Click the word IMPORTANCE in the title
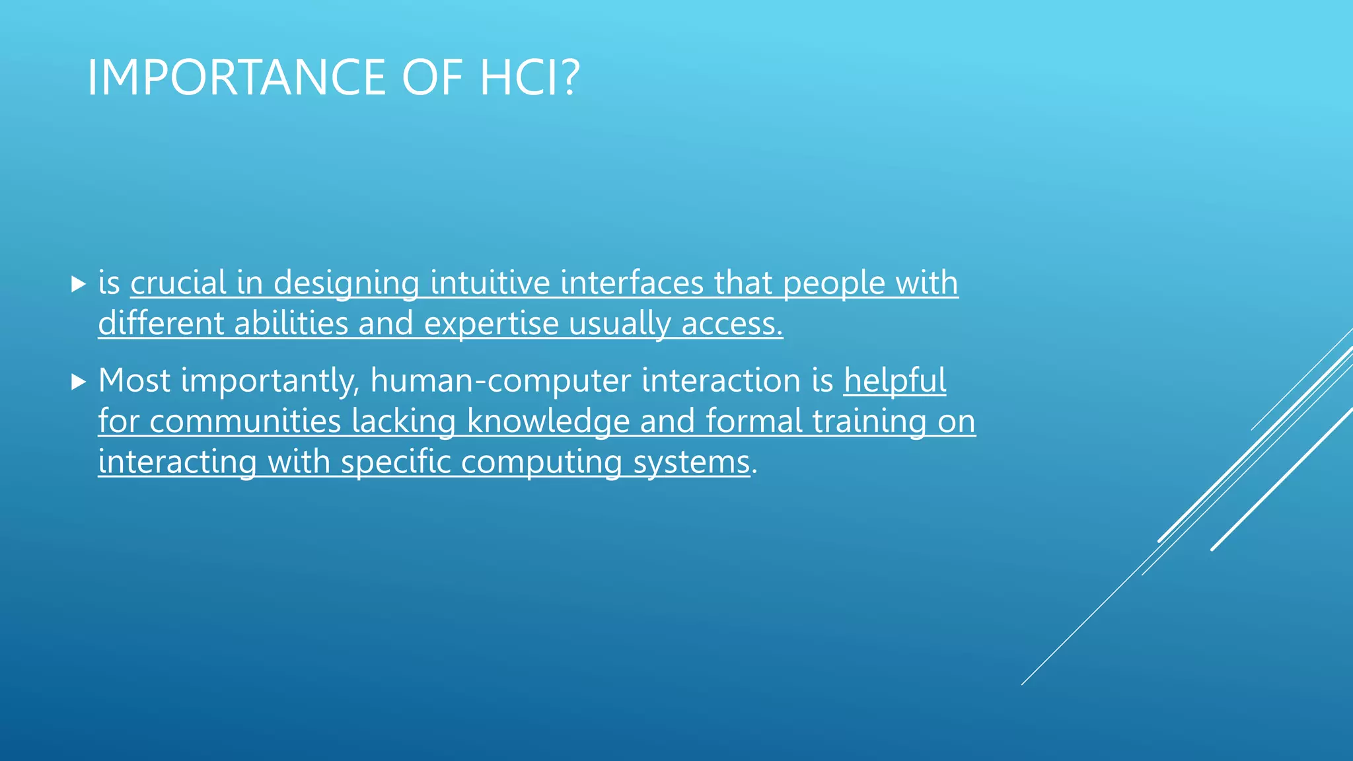tap(236, 78)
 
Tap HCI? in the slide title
tap(529, 78)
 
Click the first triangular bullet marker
tap(79, 285)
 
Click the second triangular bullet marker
tap(79, 382)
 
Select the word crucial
tap(178, 283)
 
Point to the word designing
tap(346, 284)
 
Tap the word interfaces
tap(632, 283)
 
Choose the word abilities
tap(291, 324)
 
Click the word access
tap(731, 324)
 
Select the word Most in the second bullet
tap(135, 380)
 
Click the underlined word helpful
tap(895, 381)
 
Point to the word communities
tap(245, 421)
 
